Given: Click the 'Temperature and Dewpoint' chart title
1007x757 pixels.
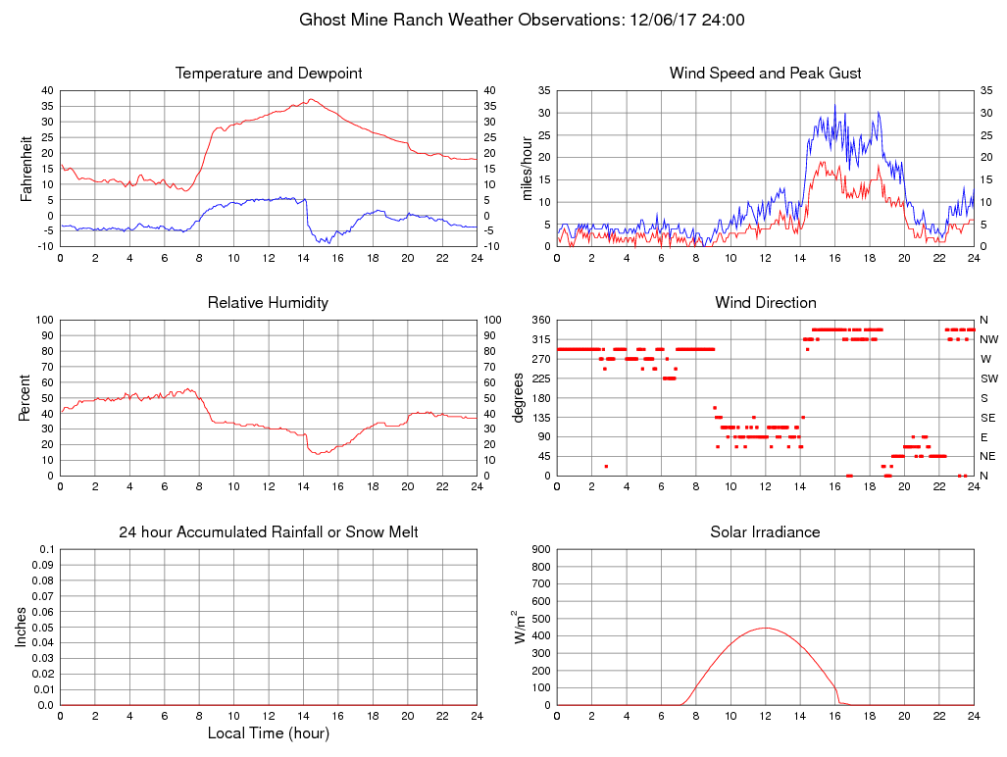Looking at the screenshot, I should (268, 74).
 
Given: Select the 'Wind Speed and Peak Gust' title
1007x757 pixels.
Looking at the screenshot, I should (765, 74).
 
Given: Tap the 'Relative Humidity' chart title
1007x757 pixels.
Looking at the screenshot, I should (268, 303).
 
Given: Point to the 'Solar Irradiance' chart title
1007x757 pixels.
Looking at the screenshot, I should (765, 532).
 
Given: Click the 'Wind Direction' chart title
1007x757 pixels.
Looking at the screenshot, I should (765, 303).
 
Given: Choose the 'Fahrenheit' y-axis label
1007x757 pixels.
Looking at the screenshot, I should (26, 168).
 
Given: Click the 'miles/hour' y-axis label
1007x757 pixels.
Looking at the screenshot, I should (527, 168).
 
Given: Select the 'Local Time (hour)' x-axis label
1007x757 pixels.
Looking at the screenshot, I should (268, 732).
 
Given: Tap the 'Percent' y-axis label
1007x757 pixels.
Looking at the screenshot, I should (26, 397).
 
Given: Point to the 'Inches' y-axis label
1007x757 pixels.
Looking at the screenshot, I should (22, 627).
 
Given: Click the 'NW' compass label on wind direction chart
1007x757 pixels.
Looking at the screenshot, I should (988, 339).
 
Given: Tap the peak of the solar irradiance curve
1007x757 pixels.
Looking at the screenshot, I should (765, 628).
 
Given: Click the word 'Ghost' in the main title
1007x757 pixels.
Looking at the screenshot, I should (322, 20).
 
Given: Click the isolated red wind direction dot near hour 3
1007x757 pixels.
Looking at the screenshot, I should (606, 466).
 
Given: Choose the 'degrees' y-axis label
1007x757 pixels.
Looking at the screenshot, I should (519, 397).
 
